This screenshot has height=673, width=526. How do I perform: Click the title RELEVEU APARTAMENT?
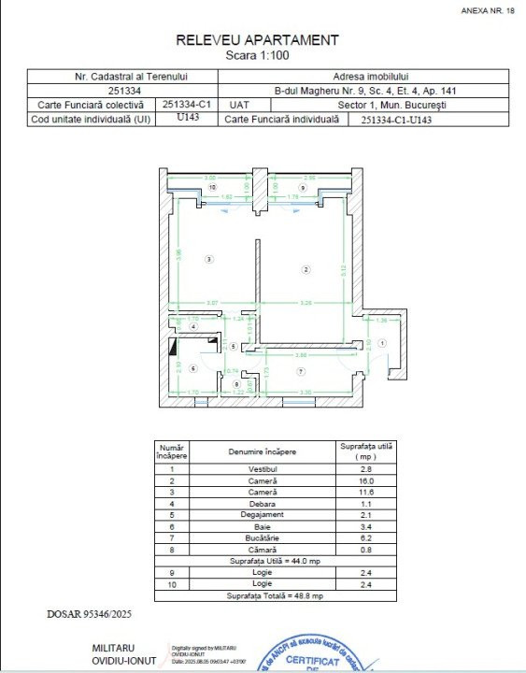coord(257,40)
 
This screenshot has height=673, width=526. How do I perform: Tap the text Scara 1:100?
coord(257,55)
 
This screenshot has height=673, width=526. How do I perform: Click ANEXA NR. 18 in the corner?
coord(488,11)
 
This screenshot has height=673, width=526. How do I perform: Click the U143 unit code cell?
coord(188,119)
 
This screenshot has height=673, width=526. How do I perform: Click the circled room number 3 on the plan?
coord(210,259)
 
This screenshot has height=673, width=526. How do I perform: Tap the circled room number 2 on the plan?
coord(306,269)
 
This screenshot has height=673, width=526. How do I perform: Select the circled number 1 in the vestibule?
coord(381,343)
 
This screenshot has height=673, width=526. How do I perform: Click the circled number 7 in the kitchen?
coord(300,372)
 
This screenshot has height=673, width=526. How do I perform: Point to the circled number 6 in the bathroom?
coord(193,368)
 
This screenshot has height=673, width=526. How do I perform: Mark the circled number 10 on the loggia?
coord(213,188)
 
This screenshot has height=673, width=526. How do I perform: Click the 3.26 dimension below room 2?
coord(306,302)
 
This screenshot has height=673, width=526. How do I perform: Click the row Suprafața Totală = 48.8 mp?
coord(277,595)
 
